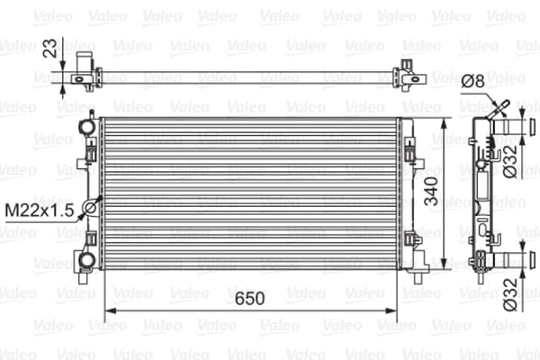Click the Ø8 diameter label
(473, 81)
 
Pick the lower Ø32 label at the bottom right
(509, 296)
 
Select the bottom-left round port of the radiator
(85, 260)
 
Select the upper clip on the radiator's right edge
(411, 153)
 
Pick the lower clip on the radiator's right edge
(411, 241)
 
